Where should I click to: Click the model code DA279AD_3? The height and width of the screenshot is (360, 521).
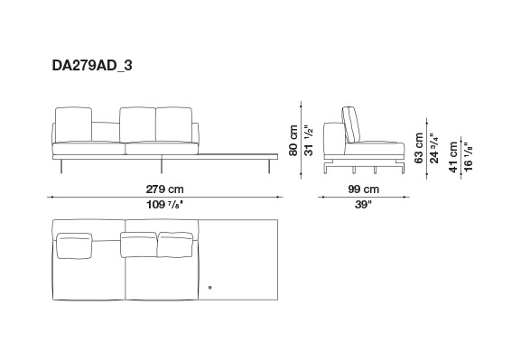tap(92, 66)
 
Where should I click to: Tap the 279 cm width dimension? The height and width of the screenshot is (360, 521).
tap(165, 189)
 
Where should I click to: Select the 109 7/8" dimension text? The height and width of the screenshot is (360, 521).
tap(165, 205)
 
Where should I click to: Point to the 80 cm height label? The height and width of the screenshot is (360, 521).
tap(293, 141)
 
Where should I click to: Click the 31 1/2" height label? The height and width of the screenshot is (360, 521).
tap(309, 141)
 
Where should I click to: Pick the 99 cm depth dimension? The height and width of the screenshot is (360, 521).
tap(364, 189)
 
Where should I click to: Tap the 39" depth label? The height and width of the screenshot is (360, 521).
tap(363, 205)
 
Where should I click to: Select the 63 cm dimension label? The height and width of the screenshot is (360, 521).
tap(419, 148)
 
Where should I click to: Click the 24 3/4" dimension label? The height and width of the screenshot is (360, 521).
tap(434, 148)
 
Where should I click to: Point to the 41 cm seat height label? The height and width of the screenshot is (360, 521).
tap(453, 157)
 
